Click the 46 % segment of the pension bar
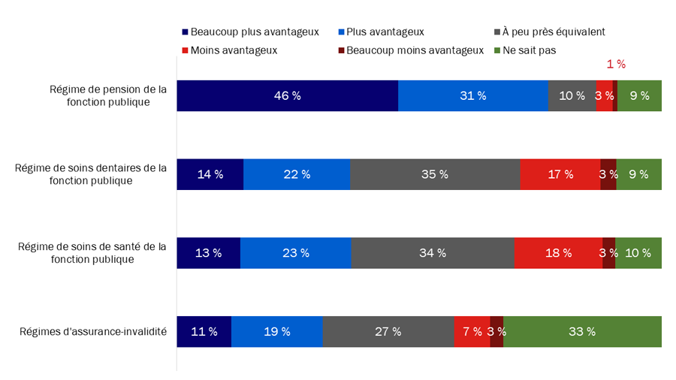pyautogui.click(x=287, y=95)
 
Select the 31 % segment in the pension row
pyautogui.click(x=472, y=95)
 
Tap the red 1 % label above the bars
pyautogui.click(x=616, y=65)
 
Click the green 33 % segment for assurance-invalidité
pyautogui.click(x=582, y=331)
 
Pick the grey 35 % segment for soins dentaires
pyautogui.click(x=434, y=174)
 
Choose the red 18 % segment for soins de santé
pyautogui.click(x=558, y=253)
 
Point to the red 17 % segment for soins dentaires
pyautogui.click(x=560, y=174)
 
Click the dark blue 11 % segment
pyautogui.click(x=204, y=331)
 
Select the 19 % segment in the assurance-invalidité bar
pyautogui.click(x=276, y=331)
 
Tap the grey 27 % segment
pyautogui.click(x=388, y=331)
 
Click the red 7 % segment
pyautogui.click(x=472, y=331)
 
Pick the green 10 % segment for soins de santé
pyautogui.click(x=638, y=253)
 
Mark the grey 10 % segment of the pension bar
pyautogui.click(x=572, y=95)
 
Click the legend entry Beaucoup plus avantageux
pyautogui.click(x=250, y=32)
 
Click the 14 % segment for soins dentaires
pyautogui.click(x=210, y=174)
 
